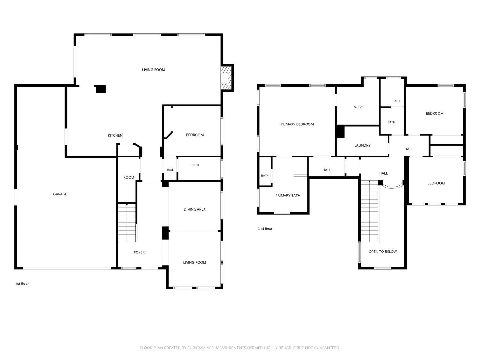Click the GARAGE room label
tap(60, 194)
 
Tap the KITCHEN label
tap(115, 135)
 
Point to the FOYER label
tap(139, 252)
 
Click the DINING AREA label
tap(195, 209)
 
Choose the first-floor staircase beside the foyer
tap(127, 222)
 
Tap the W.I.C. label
tap(358, 107)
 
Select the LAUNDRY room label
tap(362, 145)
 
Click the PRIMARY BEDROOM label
tap(297, 124)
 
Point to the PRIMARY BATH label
tap(288, 196)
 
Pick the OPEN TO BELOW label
tap(382, 252)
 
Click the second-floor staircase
tap(369, 211)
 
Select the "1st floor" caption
tap(22, 284)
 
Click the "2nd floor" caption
tap(265, 228)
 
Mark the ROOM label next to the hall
tap(129, 177)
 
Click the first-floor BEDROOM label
tap(195, 135)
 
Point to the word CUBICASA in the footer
tap(196, 348)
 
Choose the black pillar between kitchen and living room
tap(101, 89)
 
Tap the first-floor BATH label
tap(195, 165)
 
